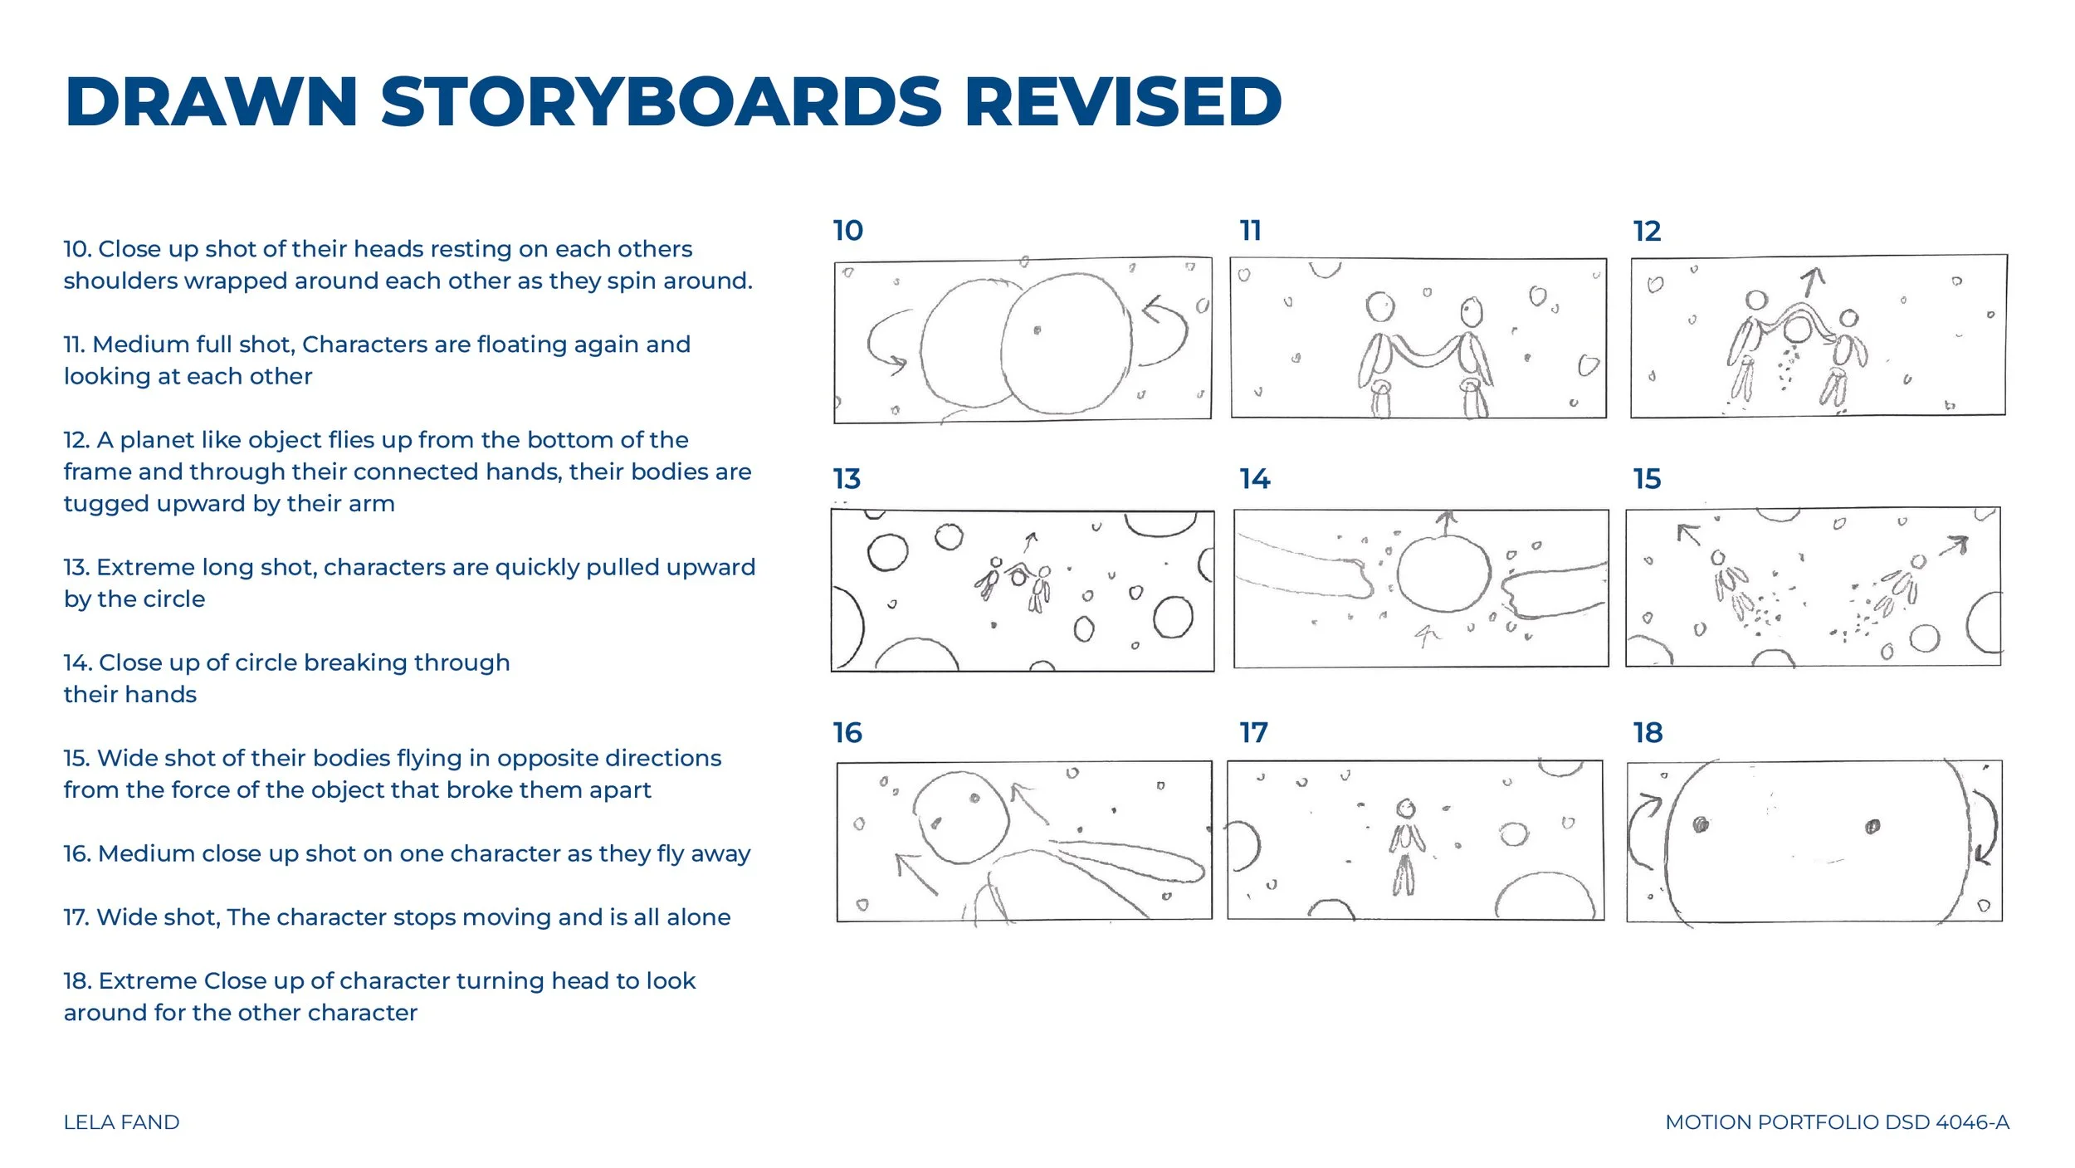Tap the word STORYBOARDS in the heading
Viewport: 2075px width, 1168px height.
pyautogui.click(x=662, y=102)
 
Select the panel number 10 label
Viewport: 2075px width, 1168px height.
pyautogui.click(x=848, y=230)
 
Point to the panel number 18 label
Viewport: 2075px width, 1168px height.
pyautogui.click(x=1648, y=732)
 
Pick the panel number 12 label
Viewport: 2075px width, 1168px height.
pyautogui.click(x=1648, y=231)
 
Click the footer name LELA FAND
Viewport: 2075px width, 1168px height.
pyautogui.click(x=121, y=1122)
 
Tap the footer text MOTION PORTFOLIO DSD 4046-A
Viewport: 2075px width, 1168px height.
pyautogui.click(x=1837, y=1122)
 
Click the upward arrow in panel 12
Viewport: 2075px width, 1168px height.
pyautogui.click(x=1812, y=282)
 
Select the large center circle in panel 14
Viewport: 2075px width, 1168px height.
pyautogui.click(x=1444, y=573)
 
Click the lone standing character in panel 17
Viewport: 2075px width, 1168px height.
pyautogui.click(x=1404, y=848)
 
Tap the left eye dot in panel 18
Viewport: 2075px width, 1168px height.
pyautogui.click(x=1701, y=824)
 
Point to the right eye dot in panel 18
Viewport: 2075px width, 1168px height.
pyautogui.click(x=1872, y=826)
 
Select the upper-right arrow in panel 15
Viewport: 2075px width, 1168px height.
pyautogui.click(x=1955, y=546)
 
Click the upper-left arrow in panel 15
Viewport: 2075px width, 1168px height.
pyautogui.click(x=1688, y=535)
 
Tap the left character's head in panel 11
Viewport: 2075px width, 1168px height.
pyautogui.click(x=1380, y=306)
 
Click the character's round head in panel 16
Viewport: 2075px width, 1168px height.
pyautogui.click(x=961, y=818)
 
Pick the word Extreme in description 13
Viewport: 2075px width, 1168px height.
pyautogui.click(x=142, y=567)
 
